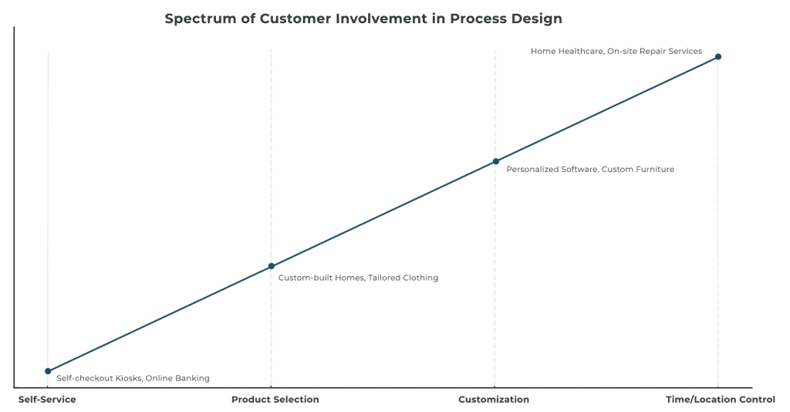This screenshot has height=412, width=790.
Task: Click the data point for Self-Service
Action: [48, 371]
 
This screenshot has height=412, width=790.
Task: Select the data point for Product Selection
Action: [271, 266]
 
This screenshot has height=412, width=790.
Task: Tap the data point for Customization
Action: [496, 161]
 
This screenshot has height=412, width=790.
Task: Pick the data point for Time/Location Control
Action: [718, 56]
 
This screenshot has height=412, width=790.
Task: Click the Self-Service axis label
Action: [47, 400]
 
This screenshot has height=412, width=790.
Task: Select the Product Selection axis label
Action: [275, 400]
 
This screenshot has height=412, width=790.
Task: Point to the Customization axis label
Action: [494, 400]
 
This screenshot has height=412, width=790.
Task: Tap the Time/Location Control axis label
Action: [721, 400]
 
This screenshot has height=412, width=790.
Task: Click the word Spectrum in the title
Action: [198, 19]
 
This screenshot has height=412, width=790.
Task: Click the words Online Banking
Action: [177, 378]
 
